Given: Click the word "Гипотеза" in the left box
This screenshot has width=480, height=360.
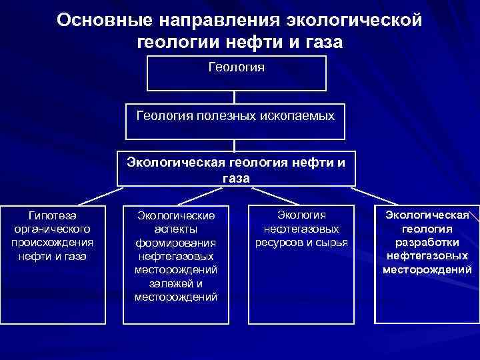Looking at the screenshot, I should [x=53, y=215].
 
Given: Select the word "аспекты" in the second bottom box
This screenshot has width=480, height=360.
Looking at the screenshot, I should [x=176, y=229].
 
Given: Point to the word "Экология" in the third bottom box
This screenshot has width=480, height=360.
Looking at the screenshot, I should [x=301, y=215].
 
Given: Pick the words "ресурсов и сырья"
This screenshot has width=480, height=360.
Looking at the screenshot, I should [x=301, y=241].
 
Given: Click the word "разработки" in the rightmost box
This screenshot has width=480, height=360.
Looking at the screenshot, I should [x=427, y=242].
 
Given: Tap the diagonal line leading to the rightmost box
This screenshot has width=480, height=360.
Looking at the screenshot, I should [x=373, y=195].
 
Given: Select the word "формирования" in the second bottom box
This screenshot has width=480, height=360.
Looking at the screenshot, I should [x=176, y=243].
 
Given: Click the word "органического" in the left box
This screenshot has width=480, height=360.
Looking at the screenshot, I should [x=53, y=228].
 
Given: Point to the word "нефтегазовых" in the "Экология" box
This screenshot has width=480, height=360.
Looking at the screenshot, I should [x=301, y=228].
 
